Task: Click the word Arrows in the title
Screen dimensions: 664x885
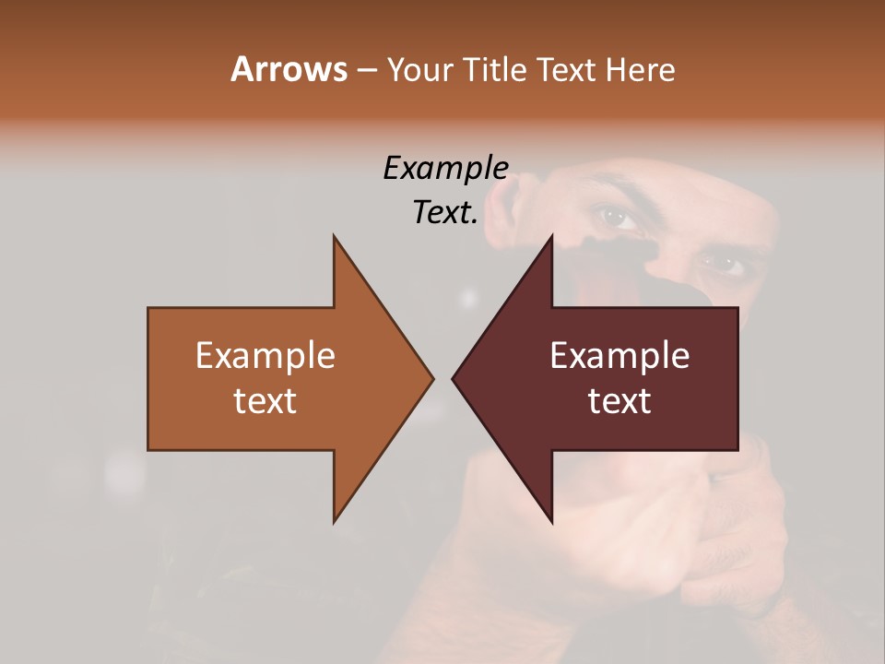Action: tap(289, 69)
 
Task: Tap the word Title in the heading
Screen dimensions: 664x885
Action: tap(499, 69)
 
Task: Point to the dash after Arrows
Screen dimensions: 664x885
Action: tap(367, 70)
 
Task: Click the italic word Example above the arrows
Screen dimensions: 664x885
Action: tap(445, 168)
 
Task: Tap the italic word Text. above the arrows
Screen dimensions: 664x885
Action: tap(445, 212)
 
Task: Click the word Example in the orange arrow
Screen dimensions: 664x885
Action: tap(265, 355)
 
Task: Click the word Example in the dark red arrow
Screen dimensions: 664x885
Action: tap(619, 355)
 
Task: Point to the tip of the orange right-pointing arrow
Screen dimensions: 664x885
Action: tap(432, 378)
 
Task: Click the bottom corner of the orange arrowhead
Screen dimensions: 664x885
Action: tap(335, 522)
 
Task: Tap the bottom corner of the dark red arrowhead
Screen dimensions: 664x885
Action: tap(551, 522)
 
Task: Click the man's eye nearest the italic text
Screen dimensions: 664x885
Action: tap(616, 218)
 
